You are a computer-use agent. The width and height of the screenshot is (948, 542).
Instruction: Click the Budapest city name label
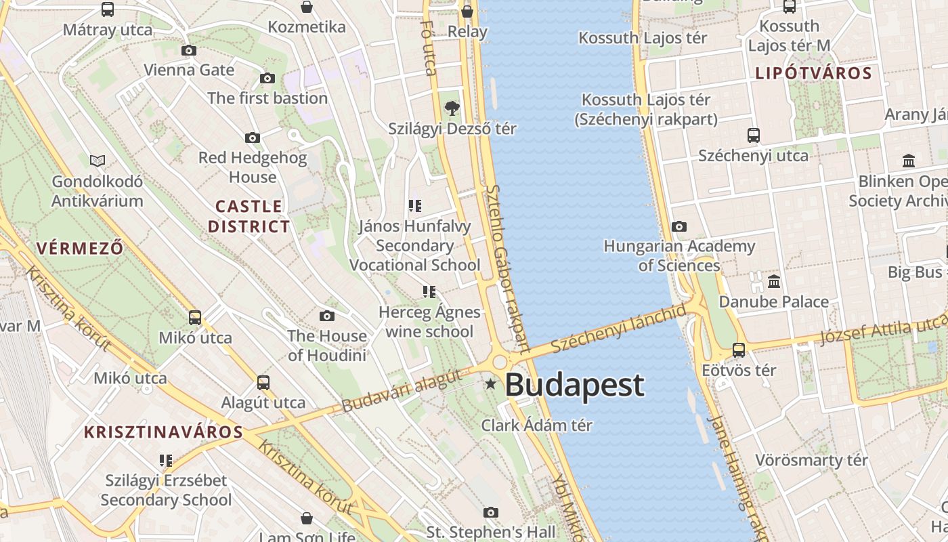point(574,385)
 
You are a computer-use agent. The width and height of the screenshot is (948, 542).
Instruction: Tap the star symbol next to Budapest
point(491,385)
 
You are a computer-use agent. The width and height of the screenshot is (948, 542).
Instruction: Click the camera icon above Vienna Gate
point(189,50)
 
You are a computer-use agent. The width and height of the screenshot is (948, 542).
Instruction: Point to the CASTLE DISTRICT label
point(249,216)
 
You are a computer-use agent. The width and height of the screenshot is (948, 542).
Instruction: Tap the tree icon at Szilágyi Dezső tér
point(452,108)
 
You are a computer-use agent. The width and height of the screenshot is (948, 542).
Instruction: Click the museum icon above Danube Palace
point(773,281)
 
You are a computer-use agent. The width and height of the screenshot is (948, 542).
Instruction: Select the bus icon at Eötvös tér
point(739,350)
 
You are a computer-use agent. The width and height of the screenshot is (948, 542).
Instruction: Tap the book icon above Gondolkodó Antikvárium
point(98,161)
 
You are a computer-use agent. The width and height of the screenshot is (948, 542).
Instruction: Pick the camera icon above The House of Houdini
point(327,316)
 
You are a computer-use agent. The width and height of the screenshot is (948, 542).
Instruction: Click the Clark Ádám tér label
point(536,425)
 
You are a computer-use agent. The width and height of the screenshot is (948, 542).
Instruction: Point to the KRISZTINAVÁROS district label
point(163,432)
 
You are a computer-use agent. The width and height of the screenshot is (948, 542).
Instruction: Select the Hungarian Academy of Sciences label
point(679,255)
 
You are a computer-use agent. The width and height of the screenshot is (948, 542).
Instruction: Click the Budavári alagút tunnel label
point(402,391)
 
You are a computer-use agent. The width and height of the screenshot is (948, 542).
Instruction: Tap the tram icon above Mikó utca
point(195,317)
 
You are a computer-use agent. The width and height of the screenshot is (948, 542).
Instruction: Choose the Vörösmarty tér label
point(811,460)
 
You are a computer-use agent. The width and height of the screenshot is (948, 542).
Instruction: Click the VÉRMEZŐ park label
point(80,248)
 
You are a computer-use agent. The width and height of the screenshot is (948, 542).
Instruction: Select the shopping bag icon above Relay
point(467,11)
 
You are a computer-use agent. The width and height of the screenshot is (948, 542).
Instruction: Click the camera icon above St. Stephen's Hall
point(491,512)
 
